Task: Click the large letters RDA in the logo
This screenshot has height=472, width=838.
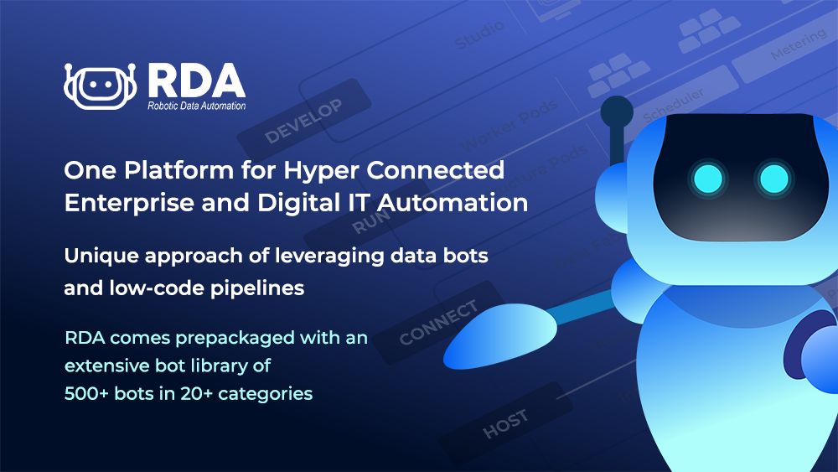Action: (195, 80)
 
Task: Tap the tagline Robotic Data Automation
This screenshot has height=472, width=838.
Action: (196, 106)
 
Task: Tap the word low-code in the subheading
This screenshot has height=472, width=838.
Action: (163, 289)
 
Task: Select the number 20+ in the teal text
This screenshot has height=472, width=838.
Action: (200, 393)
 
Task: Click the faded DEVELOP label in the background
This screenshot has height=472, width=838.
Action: (303, 119)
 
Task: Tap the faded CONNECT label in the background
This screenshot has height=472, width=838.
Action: (439, 323)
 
